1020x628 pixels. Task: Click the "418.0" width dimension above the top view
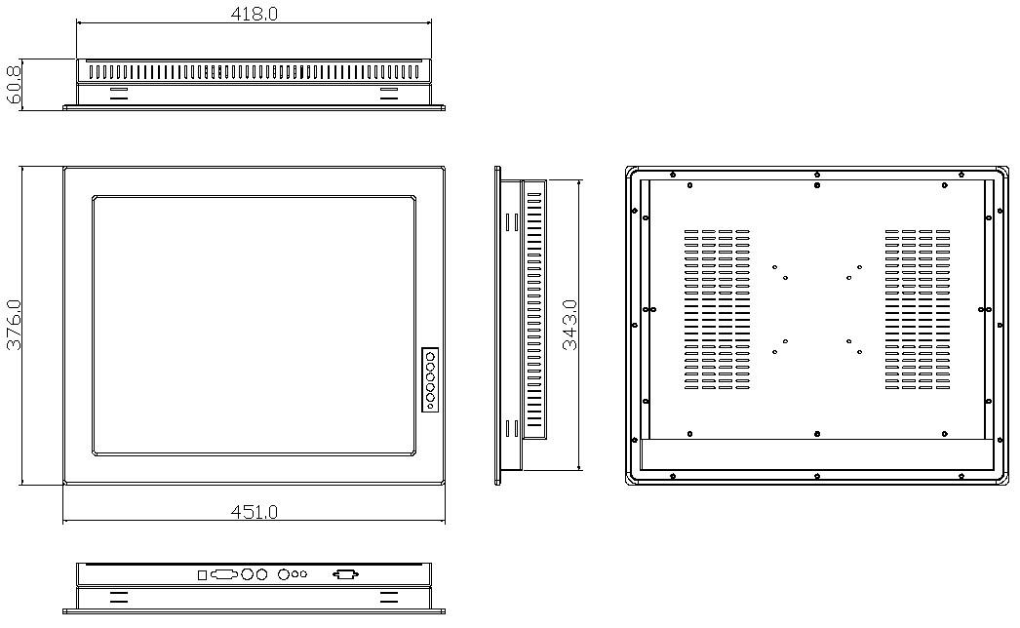(x=254, y=14)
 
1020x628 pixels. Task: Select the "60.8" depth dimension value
(x=14, y=84)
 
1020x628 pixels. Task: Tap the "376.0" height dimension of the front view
(x=14, y=325)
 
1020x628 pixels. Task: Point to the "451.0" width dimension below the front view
(x=254, y=512)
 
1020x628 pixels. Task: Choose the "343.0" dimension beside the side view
(x=569, y=325)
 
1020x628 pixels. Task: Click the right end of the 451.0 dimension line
(x=445, y=522)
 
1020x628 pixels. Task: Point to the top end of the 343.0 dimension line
(x=578, y=180)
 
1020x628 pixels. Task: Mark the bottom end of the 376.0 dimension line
(x=22, y=485)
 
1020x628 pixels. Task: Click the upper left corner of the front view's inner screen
(x=93, y=196)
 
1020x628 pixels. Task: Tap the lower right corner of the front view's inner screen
(x=415, y=454)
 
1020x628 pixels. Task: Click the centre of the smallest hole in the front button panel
(x=431, y=406)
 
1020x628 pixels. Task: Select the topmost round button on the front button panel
(x=431, y=356)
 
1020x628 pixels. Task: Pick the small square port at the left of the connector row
(x=202, y=574)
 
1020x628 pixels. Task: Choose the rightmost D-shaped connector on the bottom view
(x=345, y=574)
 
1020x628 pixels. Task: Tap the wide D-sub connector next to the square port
(x=223, y=574)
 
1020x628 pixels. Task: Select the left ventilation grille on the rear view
(x=717, y=309)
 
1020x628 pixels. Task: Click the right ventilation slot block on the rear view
(x=918, y=309)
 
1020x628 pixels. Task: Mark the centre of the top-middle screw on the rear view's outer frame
(x=817, y=175)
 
